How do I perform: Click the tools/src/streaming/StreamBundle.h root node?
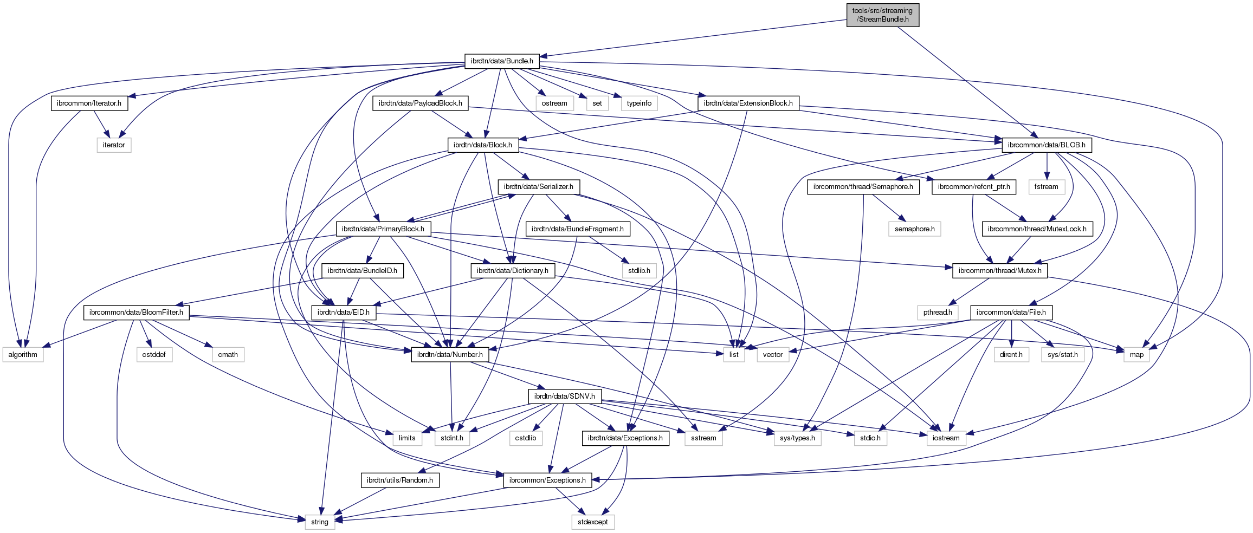[882, 15]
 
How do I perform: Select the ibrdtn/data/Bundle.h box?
[501, 61]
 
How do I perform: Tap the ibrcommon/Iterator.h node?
[89, 103]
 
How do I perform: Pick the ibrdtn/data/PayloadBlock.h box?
[420, 103]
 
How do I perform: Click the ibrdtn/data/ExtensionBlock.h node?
[748, 103]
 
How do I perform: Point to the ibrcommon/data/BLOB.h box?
[1047, 145]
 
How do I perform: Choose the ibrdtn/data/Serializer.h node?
[538, 187]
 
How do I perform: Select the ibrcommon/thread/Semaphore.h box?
[863, 187]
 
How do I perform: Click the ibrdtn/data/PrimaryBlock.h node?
[383, 229]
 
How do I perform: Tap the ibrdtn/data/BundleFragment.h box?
[577, 229]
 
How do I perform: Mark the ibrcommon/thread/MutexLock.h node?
[1037, 229]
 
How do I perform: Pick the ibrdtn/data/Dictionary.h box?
[512, 271]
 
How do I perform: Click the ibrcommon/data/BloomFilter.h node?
[136, 313]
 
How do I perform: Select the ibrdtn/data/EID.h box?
[343, 313]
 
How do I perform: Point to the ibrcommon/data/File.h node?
[1011, 313]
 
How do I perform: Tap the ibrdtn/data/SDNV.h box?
[564, 396]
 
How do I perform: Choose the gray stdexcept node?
[592, 522]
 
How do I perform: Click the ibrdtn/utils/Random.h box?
[399, 480]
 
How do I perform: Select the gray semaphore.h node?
[914, 229]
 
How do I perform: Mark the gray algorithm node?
[23, 355]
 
